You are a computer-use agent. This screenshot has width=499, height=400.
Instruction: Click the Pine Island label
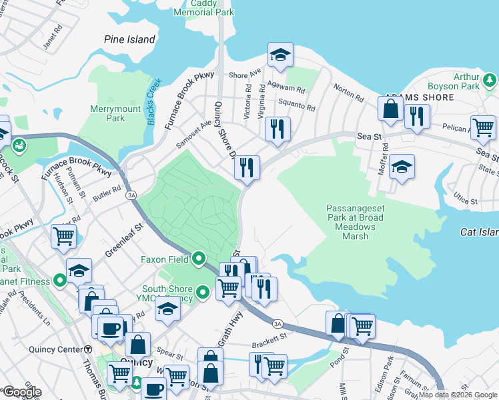tap(129, 39)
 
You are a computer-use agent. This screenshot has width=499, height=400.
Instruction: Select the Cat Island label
tap(479, 232)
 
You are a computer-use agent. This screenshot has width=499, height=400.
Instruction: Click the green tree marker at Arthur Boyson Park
tap(490, 81)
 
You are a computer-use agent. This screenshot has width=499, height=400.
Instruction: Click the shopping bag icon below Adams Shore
tap(391, 108)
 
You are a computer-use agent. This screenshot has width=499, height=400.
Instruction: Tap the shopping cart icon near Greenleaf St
tap(63, 235)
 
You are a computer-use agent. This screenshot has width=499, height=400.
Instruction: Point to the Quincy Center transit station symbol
tap(88, 349)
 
